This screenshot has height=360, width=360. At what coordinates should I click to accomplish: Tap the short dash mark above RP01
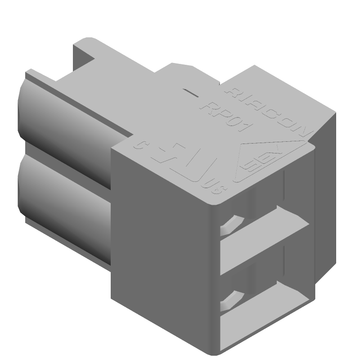193,93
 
